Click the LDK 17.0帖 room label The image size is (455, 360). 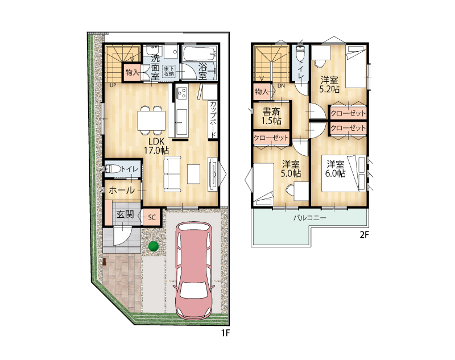(157, 146)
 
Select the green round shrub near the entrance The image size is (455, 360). (153, 246)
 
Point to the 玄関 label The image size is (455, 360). (125, 214)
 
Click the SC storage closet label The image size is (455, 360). (152, 217)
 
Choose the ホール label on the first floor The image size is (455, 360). (122, 191)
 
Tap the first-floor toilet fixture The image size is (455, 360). (112, 168)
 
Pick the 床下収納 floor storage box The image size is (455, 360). (168, 71)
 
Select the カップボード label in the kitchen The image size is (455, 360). (213, 119)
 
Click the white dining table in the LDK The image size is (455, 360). (151, 121)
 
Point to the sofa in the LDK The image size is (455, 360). (172, 174)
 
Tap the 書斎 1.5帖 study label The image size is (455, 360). (272, 116)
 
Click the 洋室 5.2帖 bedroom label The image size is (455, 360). (329, 84)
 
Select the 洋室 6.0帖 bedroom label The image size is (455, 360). (336, 169)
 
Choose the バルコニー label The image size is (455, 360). (309, 218)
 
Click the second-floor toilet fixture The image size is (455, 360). (300, 53)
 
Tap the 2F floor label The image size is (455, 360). (364, 234)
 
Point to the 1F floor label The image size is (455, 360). (225, 333)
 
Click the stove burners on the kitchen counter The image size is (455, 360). (182, 93)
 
